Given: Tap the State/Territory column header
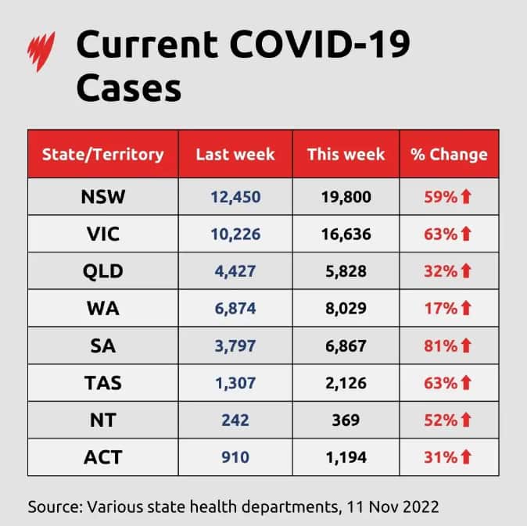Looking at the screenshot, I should (103, 154).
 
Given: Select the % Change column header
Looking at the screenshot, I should (449, 154).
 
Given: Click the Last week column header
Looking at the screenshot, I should (235, 154).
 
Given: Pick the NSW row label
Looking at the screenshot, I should (103, 197).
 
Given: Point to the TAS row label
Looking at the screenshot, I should (103, 383).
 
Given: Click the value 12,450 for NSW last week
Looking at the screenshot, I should (235, 197).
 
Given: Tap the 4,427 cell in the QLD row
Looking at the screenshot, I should (235, 271).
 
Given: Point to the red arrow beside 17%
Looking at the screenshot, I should (467, 309).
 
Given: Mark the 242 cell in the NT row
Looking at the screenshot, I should (235, 420).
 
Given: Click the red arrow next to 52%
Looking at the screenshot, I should (467, 420).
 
